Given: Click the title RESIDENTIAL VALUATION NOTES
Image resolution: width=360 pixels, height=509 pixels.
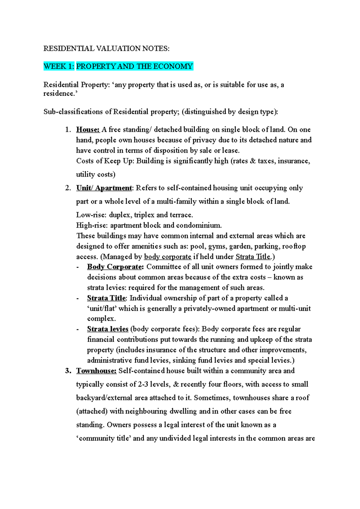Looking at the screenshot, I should pos(106,49).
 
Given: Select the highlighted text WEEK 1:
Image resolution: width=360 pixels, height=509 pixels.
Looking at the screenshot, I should pos(59,66).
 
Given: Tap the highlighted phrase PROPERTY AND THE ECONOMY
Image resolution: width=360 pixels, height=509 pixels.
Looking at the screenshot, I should pos(134,66).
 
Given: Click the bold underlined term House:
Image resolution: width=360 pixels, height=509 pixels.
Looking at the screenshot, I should pos(88,129).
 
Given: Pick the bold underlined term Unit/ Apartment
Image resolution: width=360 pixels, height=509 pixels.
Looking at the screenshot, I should pos(104,188).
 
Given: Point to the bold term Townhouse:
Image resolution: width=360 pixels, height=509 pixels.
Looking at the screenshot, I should pos(96,371).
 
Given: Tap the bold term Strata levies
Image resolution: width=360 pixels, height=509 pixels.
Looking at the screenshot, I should pos(108,329).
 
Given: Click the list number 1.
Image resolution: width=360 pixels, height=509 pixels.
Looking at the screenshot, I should pos(68,129).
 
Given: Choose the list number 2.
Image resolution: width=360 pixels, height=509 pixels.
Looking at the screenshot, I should pos(68,188).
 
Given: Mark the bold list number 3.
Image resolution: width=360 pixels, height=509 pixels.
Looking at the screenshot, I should pos(68,371).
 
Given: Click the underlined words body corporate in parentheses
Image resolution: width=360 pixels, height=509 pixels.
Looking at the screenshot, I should pos(168,257).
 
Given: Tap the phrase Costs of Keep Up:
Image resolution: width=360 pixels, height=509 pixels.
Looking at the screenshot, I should pos(105,161).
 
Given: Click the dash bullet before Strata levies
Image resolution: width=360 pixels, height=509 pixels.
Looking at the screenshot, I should pos(78,329).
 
